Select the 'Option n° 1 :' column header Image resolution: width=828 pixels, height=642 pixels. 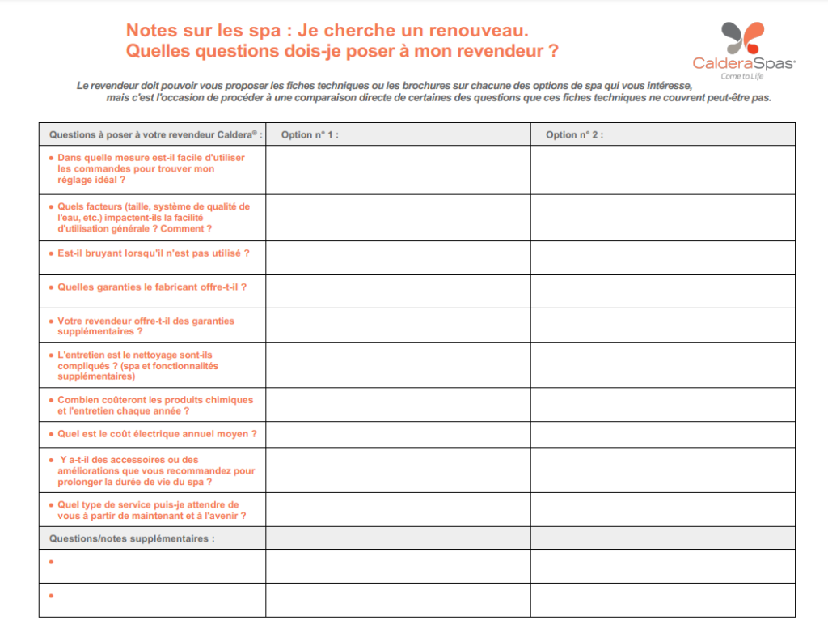point(310,134)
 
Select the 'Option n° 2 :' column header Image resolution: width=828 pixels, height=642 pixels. point(574,134)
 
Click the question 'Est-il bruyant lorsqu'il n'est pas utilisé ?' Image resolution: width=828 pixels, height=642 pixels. point(153,253)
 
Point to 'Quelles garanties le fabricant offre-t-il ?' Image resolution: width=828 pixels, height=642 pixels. point(151,287)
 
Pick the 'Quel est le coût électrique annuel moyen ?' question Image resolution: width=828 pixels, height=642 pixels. point(157,434)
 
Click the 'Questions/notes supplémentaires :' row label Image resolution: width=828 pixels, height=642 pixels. point(132,538)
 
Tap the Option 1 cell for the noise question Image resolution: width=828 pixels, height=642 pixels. point(398,257)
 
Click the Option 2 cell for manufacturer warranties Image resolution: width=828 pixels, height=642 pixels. point(662,291)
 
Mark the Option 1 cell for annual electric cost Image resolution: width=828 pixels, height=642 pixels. point(398,434)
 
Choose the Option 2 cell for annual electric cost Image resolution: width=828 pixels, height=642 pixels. point(662,434)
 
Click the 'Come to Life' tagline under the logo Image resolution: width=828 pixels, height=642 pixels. point(742,76)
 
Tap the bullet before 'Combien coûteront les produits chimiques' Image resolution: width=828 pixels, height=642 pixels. point(52,400)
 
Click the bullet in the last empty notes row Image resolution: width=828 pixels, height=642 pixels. point(52,596)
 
